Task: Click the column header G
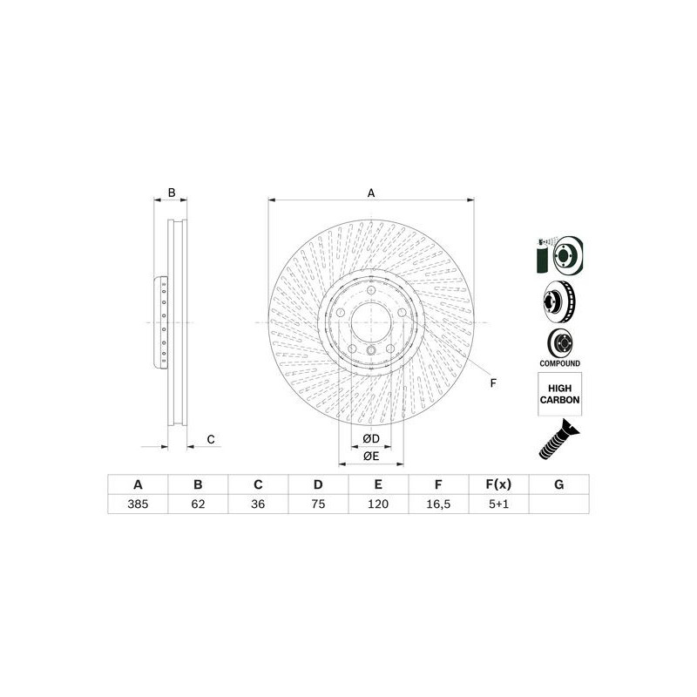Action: pyautogui.click(x=558, y=485)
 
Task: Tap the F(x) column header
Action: pyautogui.click(x=498, y=485)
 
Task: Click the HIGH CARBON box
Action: pyautogui.click(x=558, y=394)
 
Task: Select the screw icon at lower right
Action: pyautogui.click(x=558, y=440)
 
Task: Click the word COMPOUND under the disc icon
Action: pyautogui.click(x=558, y=362)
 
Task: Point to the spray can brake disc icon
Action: pyautogui.click(x=558, y=255)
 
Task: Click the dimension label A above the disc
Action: pyautogui.click(x=370, y=193)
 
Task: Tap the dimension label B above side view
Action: pyautogui.click(x=172, y=193)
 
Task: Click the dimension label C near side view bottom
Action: pyautogui.click(x=210, y=439)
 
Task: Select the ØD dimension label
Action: pyautogui.click(x=370, y=437)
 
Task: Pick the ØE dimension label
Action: pyautogui.click(x=370, y=456)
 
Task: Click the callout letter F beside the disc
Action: pyautogui.click(x=492, y=383)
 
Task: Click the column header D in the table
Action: pyautogui.click(x=318, y=485)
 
